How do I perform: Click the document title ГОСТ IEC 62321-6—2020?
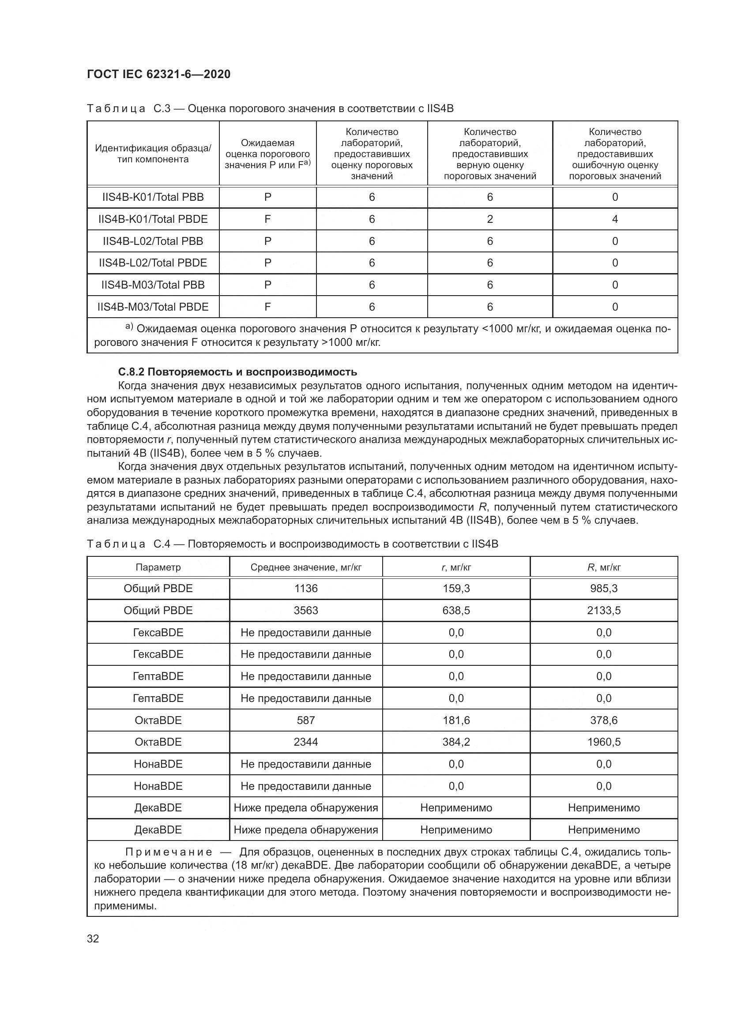[x=158, y=74]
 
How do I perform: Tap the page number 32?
[x=93, y=938]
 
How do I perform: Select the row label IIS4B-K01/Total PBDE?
[x=153, y=219]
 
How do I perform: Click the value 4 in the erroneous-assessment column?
[x=614, y=219]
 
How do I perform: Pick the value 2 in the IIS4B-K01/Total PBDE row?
[x=489, y=219]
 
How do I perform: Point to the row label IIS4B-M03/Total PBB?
[x=153, y=285]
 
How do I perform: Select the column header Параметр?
[x=158, y=567]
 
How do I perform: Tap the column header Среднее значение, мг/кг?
[x=306, y=567]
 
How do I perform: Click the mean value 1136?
[x=306, y=589]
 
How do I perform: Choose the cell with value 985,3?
[x=604, y=589]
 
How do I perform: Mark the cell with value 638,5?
[x=456, y=610]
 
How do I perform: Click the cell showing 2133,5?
[x=604, y=610]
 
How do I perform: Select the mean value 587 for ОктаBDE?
[x=306, y=720]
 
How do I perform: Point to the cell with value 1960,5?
[x=604, y=742]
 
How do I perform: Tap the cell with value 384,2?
[x=456, y=742]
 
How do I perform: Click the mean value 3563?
[x=306, y=610]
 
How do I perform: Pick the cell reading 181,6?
[x=456, y=720]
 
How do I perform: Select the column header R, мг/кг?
[x=604, y=567]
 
